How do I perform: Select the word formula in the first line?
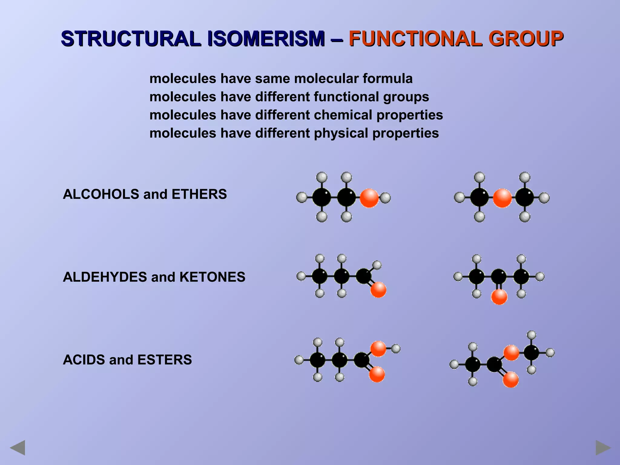(x=387, y=79)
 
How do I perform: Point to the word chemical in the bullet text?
(x=343, y=115)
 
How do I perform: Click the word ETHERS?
(x=199, y=194)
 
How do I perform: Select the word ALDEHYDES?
(x=105, y=277)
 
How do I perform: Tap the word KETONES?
(x=212, y=277)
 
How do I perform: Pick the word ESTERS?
(x=164, y=360)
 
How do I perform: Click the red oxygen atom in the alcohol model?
(x=369, y=198)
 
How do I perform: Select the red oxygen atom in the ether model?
(x=502, y=198)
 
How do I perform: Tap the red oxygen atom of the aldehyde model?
(x=378, y=290)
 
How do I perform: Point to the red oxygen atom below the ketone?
(x=499, y=297)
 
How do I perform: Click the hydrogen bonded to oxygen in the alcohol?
(x=385, y=198)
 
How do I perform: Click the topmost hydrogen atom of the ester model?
(x=532, y=335)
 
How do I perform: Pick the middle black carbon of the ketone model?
(x=499, y=276)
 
